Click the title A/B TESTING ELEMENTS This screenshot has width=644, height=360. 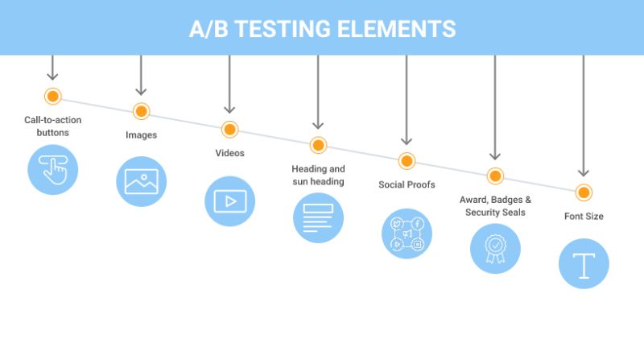click(x=322, y=30)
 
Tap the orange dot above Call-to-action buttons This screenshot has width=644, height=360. click(x=53, y=97)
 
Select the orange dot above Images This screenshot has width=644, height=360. click(x=142, y=112)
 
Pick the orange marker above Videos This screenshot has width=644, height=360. click(x=229, y=129)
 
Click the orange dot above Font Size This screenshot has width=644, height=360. click(x=584, y=192)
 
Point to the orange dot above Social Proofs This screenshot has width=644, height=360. click(x=407, y=160)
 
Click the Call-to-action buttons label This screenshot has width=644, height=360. click(x=53, y=126)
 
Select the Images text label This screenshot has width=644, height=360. click(x=141, y=135)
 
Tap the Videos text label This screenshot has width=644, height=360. click(x=229, y=152)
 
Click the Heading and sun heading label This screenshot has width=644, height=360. click(x=318, y=175)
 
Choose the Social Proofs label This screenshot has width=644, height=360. click(x=407, y=184)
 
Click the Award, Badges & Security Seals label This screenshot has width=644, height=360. click(x=495, y=205)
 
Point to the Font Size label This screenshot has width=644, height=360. click(x=584, y=216)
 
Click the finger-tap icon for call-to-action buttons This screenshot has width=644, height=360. click(x=53, y=170)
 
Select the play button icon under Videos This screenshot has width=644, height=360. click(x=229, y=201)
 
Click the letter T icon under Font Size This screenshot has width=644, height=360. click(x=584, y=263)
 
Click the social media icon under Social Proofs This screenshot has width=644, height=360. click(x=407, y=234)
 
